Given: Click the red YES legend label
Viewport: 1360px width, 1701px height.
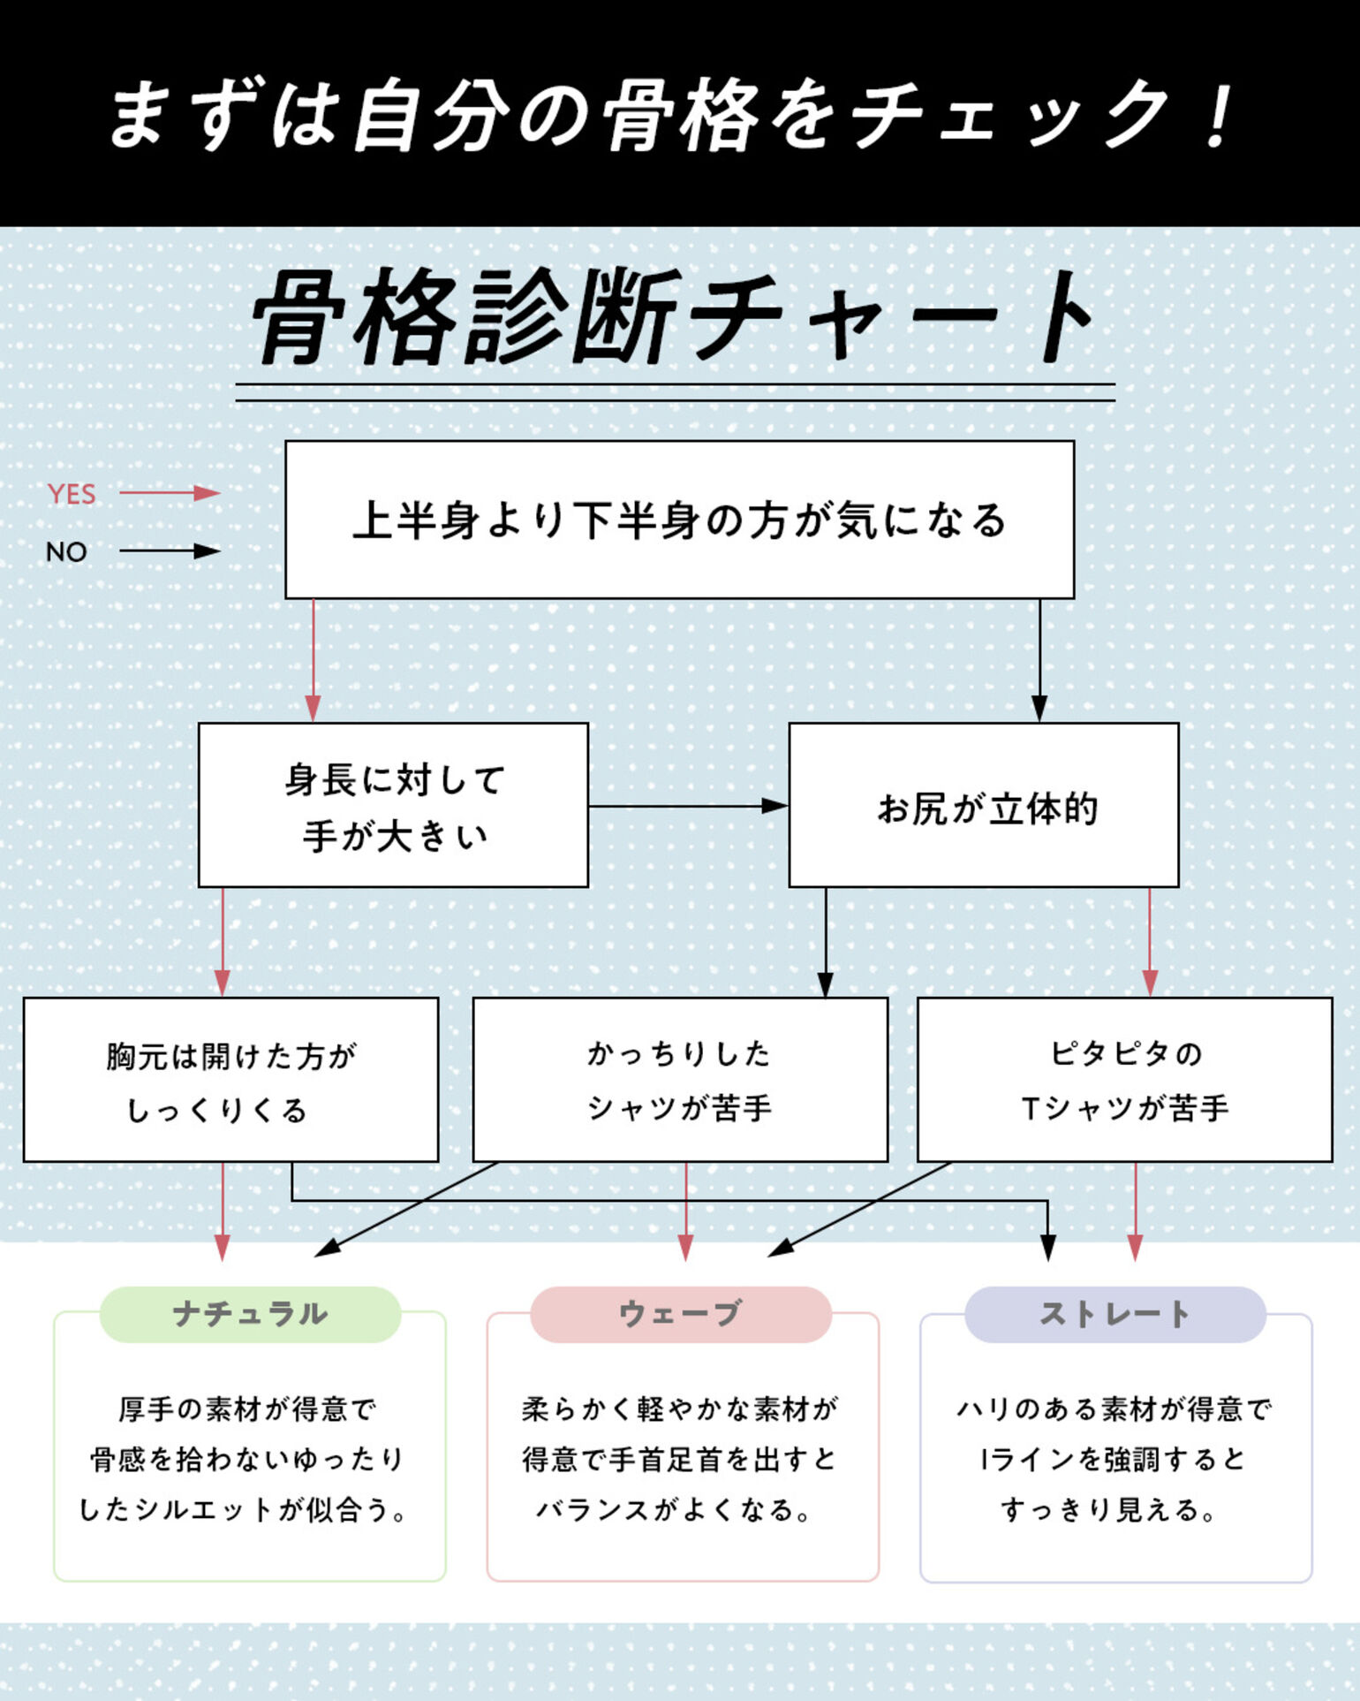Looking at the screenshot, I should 72,494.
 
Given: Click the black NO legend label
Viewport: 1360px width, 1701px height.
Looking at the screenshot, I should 66,552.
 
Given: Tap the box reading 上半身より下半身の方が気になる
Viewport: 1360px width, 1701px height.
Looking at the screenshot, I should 679,520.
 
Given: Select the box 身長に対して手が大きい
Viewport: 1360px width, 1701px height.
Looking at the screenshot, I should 393,805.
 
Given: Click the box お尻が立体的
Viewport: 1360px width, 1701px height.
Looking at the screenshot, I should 983,805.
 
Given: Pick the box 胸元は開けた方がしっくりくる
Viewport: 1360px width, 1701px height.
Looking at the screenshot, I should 230,1080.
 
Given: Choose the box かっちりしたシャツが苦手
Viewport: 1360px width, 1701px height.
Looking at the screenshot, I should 679,1080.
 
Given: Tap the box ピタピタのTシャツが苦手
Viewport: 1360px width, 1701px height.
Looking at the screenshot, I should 1124,1080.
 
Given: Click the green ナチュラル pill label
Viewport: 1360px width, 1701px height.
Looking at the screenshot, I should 250,1314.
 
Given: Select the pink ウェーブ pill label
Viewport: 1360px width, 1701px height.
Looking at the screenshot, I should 681,1314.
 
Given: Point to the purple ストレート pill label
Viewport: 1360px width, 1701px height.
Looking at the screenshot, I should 1114,1314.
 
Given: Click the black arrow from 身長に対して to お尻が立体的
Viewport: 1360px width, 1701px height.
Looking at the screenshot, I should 688,806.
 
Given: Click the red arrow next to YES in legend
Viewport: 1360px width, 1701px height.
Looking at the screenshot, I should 170,493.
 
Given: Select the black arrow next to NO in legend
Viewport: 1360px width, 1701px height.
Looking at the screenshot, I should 170,551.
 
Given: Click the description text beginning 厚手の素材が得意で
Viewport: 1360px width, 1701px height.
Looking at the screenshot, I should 247,1409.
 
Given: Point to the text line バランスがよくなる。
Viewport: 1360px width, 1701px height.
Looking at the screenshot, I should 675,1510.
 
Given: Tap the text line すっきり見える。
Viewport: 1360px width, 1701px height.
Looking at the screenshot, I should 1110,1510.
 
